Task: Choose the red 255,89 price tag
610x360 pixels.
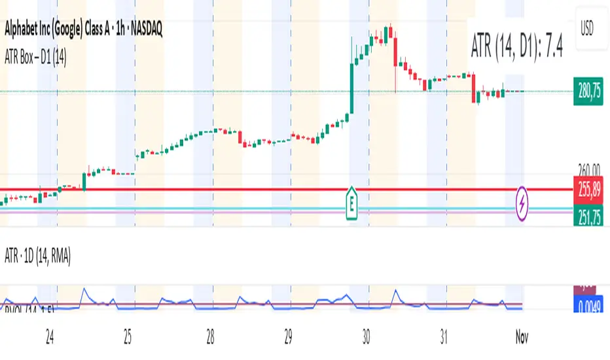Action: [588, 189]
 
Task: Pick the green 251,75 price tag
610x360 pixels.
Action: [588, 213]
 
